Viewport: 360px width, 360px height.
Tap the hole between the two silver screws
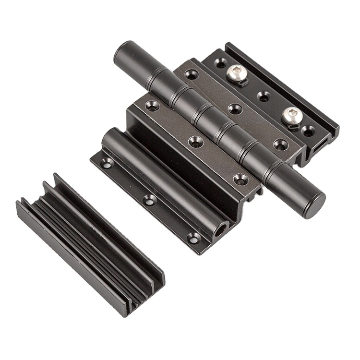point(264,96)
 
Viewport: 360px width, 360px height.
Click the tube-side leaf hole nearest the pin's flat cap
point(240,179)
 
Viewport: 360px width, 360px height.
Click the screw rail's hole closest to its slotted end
point(308,129)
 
